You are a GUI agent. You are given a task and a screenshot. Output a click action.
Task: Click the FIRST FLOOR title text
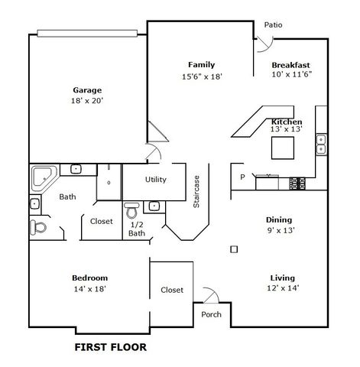click(x=109, y=346)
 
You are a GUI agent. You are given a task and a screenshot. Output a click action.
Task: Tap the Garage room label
click(x=87, y=89)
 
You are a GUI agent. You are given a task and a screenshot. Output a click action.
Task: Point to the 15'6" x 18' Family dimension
click(x=201, y=76)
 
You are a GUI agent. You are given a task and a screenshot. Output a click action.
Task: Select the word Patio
click(x=273, y=24)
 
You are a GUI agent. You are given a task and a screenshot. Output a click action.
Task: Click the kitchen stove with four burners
click(x=297, y=183)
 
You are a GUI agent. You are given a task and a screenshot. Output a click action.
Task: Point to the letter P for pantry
click(x=242, y=177)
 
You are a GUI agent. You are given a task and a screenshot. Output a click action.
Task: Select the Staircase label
click(x=196, y=190)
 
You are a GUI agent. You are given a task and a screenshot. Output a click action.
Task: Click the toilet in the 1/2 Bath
click(x=131, y=209)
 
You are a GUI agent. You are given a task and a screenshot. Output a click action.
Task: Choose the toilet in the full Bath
click(x=37, y=227)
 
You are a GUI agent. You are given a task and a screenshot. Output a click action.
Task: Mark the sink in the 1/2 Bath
click(x=154, y=205)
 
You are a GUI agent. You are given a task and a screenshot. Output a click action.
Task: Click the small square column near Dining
click(x=234, y=248)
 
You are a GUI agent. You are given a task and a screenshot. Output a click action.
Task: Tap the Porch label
click(x=211, y=314)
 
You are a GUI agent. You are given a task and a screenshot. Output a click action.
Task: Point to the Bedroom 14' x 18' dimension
click(x=89, y=289)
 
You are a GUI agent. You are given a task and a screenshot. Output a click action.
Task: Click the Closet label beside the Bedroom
click(x=172, y=290)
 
